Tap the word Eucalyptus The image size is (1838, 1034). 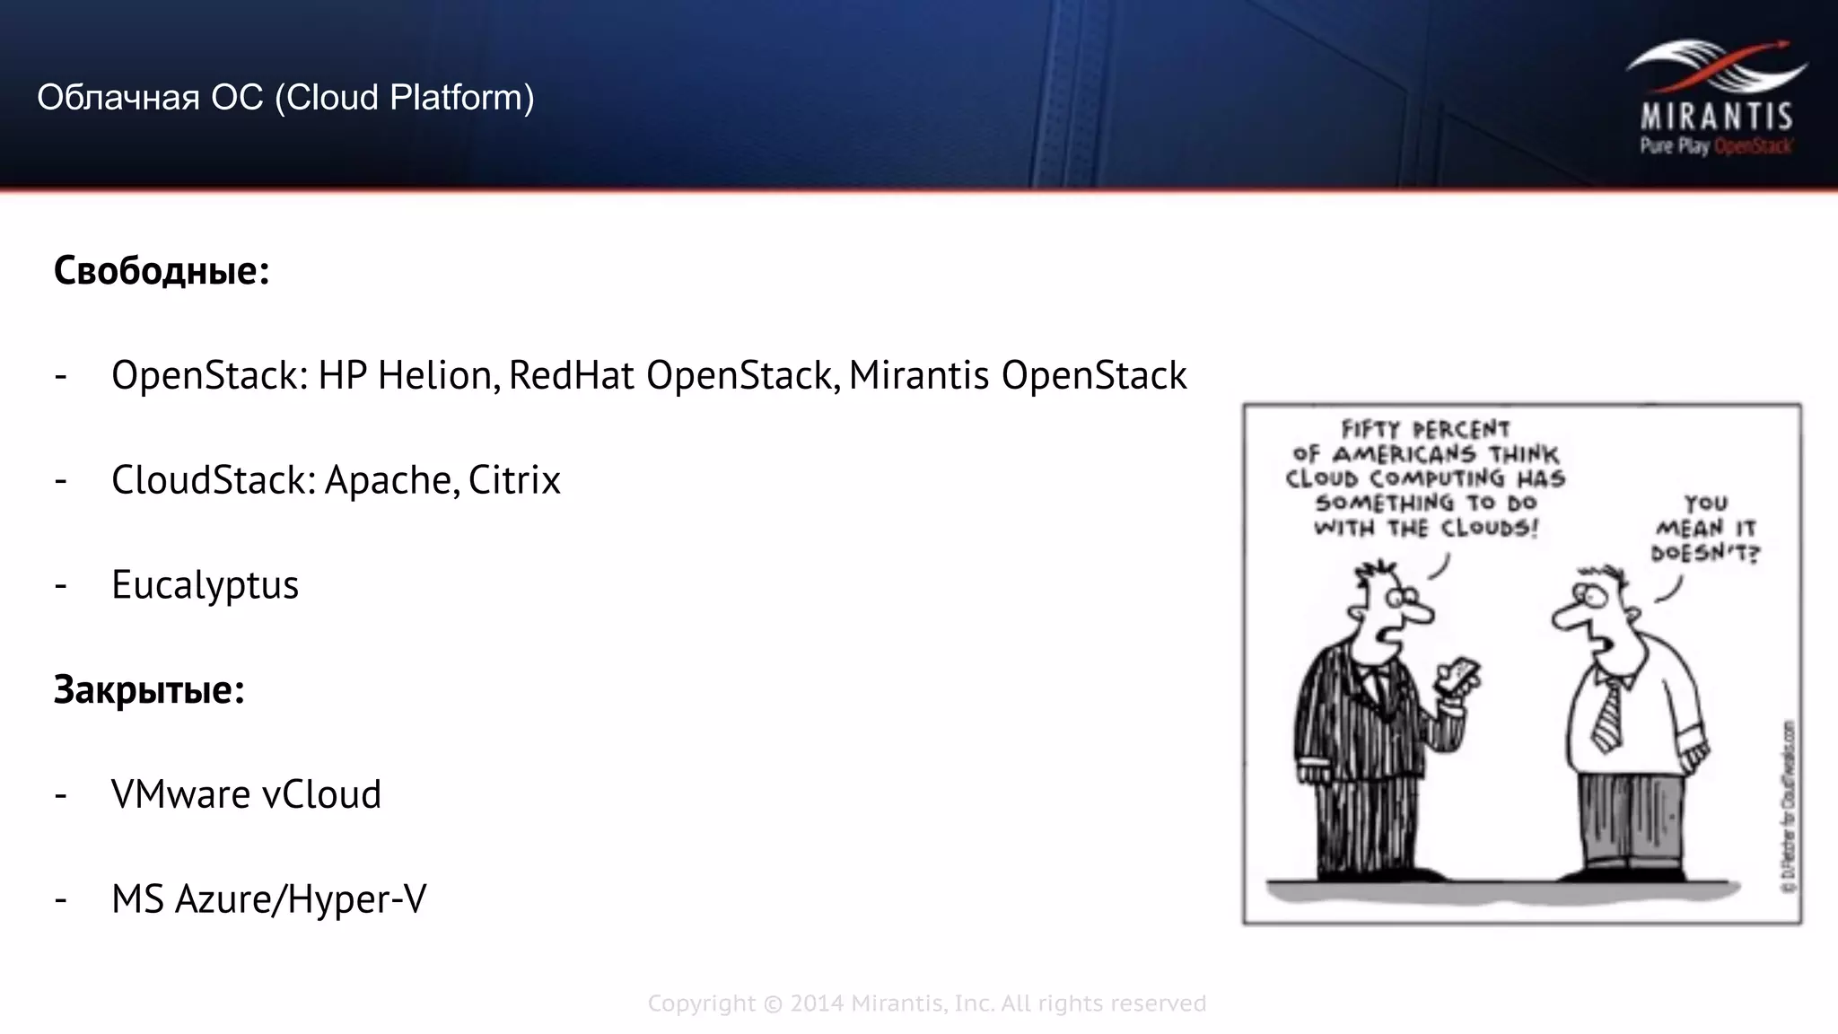[205, 585]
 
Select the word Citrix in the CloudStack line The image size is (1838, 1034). [514, 480]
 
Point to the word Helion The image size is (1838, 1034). [437, 375]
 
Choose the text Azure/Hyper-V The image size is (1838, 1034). [301, 899]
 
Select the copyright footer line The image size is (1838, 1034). [927, 1003]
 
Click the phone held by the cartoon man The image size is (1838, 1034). [1457, 678]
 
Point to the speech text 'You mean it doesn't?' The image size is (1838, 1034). [1705, 529]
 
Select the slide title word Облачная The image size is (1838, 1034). [118, 98]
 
